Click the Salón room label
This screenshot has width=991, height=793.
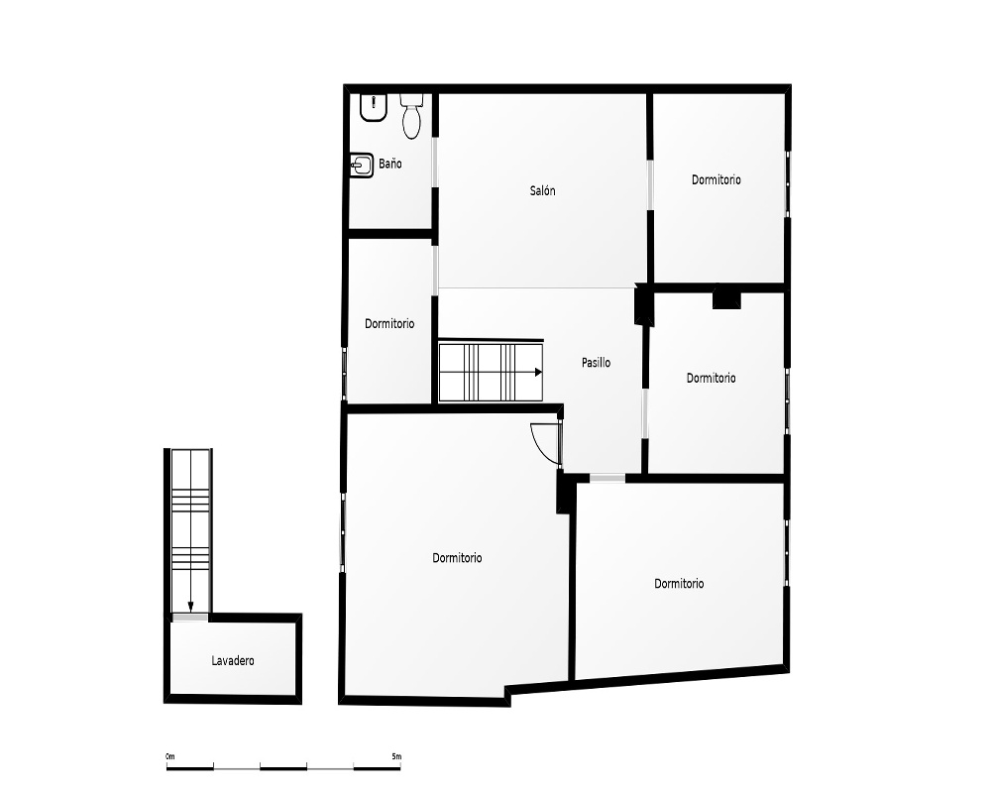click(542, 190)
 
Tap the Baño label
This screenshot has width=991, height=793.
click(389, 164)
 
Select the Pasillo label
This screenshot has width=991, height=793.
click(596, 363)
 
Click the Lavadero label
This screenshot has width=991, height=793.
click(233, 661)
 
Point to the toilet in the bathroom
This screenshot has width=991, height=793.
click(411, 116)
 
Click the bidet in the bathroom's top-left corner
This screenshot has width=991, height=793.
click(374, 107)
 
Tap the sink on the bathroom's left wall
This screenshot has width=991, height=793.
click(362, 166)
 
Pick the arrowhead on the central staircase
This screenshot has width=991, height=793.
click(538, 372)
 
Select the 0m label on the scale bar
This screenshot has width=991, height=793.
click(170, 756)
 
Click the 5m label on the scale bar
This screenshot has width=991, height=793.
click(396, 756)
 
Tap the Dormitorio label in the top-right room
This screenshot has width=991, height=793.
click(716, 179)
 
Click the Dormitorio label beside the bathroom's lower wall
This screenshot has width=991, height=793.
click(389, 324)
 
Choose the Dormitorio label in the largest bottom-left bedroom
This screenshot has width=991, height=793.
click(457, 558)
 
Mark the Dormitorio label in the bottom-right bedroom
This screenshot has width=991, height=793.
click(679, 583)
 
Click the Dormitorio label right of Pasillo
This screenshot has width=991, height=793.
click(711, 378)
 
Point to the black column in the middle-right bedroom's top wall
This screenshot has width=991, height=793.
click(726, 297)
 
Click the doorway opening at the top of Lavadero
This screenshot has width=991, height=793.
click(190, 618)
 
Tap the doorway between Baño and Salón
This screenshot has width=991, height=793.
click(435, 162)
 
